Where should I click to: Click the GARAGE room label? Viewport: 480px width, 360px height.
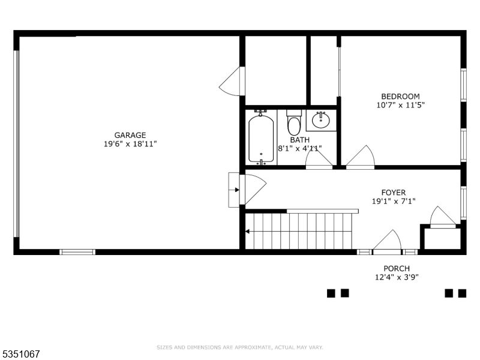(x=130, y=135)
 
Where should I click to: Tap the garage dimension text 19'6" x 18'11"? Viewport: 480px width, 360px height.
(x=130, y=144)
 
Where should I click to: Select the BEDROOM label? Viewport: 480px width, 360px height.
(x=400, y=96)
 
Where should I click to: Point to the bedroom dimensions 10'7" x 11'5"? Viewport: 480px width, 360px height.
(x=400, y=105)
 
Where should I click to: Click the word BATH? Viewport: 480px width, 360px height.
(x=299, y=140)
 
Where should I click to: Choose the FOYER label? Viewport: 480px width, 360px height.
(x=393, y=193)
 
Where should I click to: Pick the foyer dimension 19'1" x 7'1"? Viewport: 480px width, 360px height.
(x=393, y=202)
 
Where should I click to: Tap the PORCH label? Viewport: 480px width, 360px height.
(x=397, y=268)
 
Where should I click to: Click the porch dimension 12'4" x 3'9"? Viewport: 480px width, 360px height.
(x=397, y=277)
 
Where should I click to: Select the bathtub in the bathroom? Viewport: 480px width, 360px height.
(x=261, y=138)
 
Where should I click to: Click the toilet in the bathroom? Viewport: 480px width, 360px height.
(x=294, y=123)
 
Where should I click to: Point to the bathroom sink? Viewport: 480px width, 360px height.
(x=321, y=120)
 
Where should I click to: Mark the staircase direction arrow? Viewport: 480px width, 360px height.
(x=248, y=231)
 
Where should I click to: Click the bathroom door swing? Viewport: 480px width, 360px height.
(x=318, y=158)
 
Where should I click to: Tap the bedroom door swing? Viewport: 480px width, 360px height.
(x=361, y=157)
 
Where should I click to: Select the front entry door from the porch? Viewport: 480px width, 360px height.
(x=388, y=242)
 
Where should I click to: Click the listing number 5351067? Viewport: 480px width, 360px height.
(x=21, y=354)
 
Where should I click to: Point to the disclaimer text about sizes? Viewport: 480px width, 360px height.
(x=240, y=347)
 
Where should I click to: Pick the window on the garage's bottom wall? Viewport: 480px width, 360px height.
(x=77, y=252)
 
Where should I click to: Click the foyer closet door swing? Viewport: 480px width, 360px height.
(x=443, y=217)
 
